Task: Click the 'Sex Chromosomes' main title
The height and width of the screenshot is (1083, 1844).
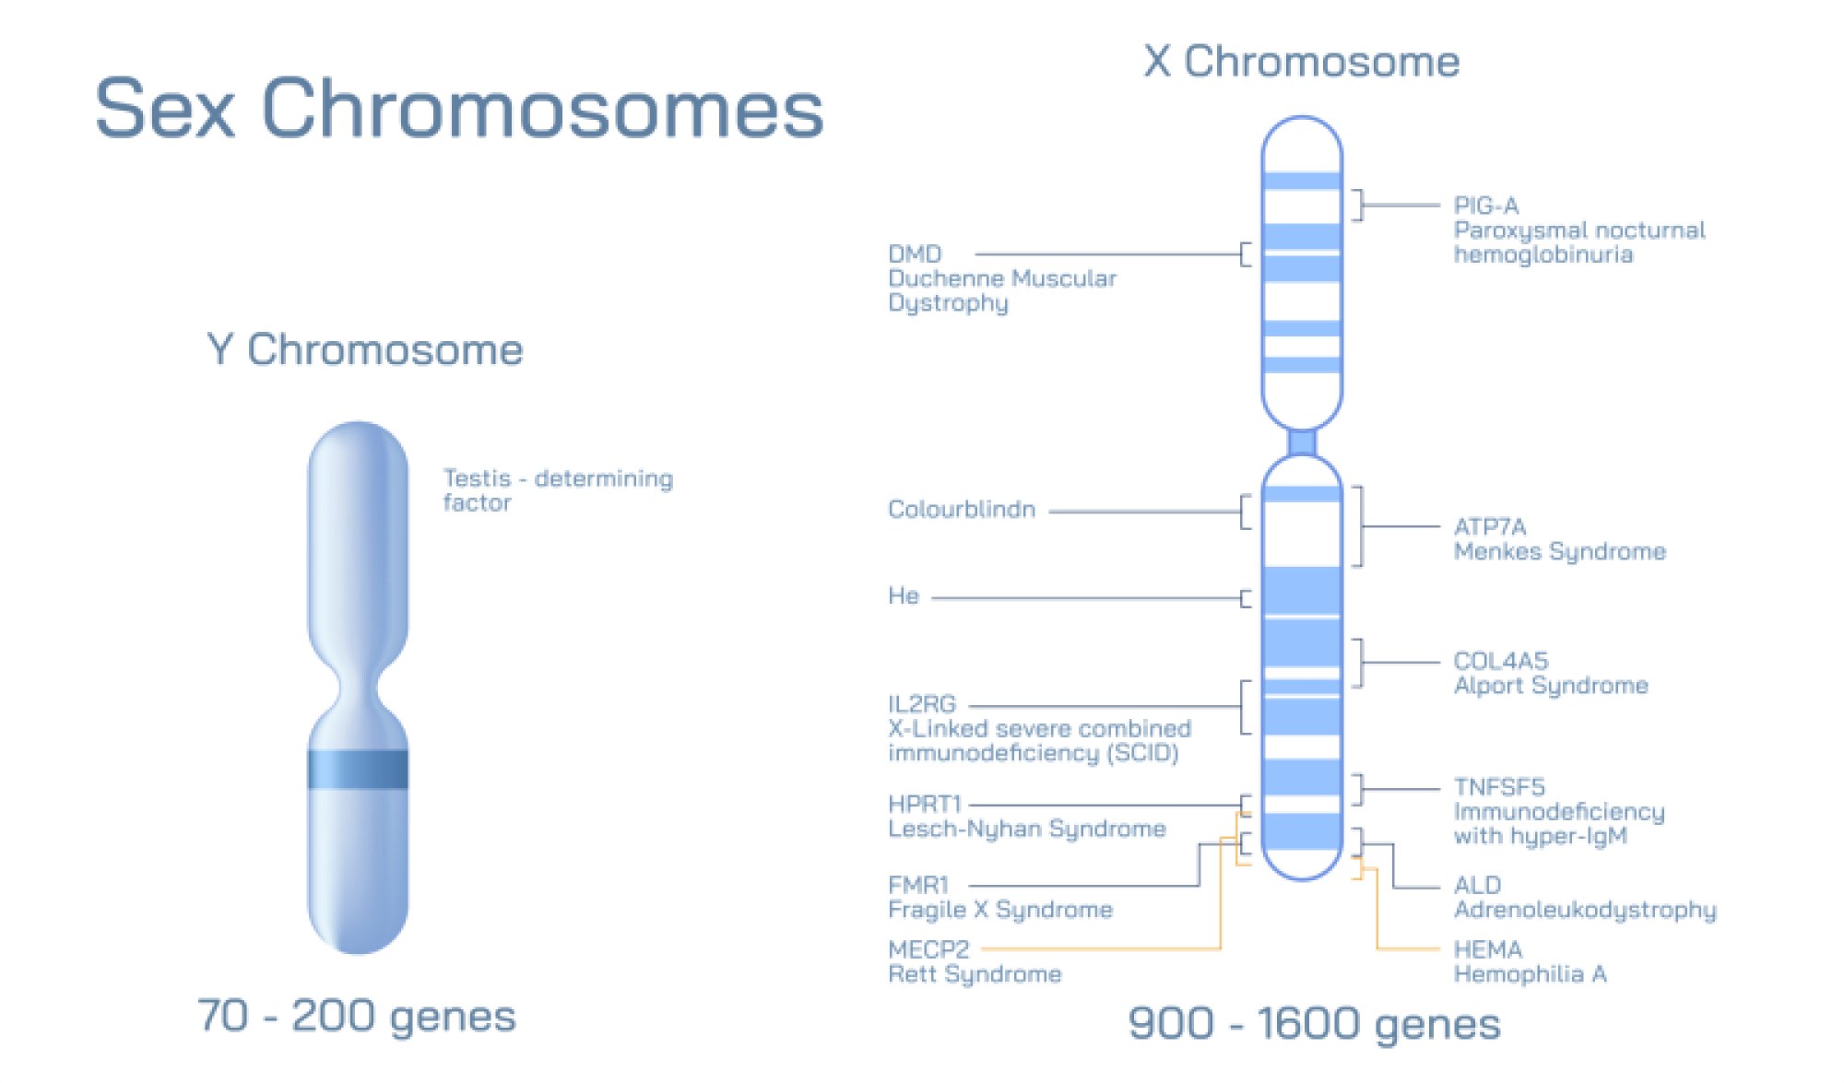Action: point(458,109)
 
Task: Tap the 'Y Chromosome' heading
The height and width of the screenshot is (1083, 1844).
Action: point(365,349)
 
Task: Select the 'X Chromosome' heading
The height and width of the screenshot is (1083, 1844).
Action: point(1301,62)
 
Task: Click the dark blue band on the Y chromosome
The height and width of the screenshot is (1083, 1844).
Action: point(358,770)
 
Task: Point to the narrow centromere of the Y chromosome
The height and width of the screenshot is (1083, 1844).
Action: point(358,689)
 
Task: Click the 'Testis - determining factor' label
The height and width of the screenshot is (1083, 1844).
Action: point(557,489)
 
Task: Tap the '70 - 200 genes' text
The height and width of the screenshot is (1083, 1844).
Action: point(356,1016)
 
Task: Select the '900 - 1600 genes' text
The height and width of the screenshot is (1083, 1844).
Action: point(1314,1023)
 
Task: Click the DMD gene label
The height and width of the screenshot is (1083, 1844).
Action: point(915,253)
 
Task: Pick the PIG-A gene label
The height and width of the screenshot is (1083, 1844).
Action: point(1485,206)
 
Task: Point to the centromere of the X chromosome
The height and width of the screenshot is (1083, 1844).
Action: point(1301,443)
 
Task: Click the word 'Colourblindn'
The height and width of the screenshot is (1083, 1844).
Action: point(961,509)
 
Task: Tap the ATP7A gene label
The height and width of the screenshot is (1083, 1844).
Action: point(1489,526)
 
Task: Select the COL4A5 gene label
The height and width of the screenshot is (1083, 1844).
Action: point(1500,661)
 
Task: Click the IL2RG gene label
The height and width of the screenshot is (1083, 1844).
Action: point(921,704)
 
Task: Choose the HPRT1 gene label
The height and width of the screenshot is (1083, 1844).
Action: point(924,804)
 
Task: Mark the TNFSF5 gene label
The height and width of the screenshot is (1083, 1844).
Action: point(1498,787)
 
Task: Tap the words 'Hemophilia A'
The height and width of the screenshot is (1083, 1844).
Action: point(1530,974)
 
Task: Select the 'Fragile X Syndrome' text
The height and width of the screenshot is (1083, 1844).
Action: point(999,910)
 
